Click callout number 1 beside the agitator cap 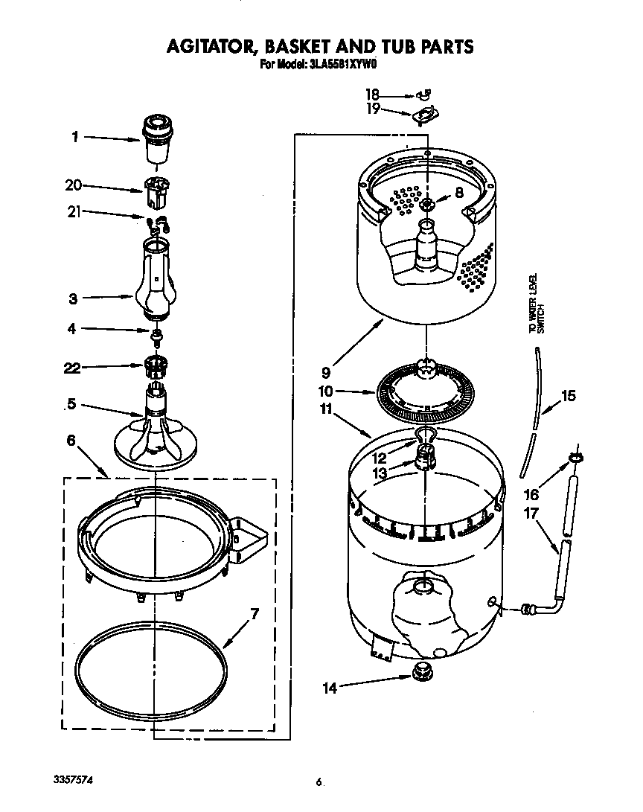pyautogui.click(x=75, y=137)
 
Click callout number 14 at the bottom pyautogui.click(x=329, y=688)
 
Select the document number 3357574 pyautogui.click(x=74, y=779)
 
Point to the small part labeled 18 pyautogui.click(x=426, y=95)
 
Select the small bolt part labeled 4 pyautogui.click(x=157, y=336)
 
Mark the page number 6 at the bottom pyautogui.click(x=319, y=782)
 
